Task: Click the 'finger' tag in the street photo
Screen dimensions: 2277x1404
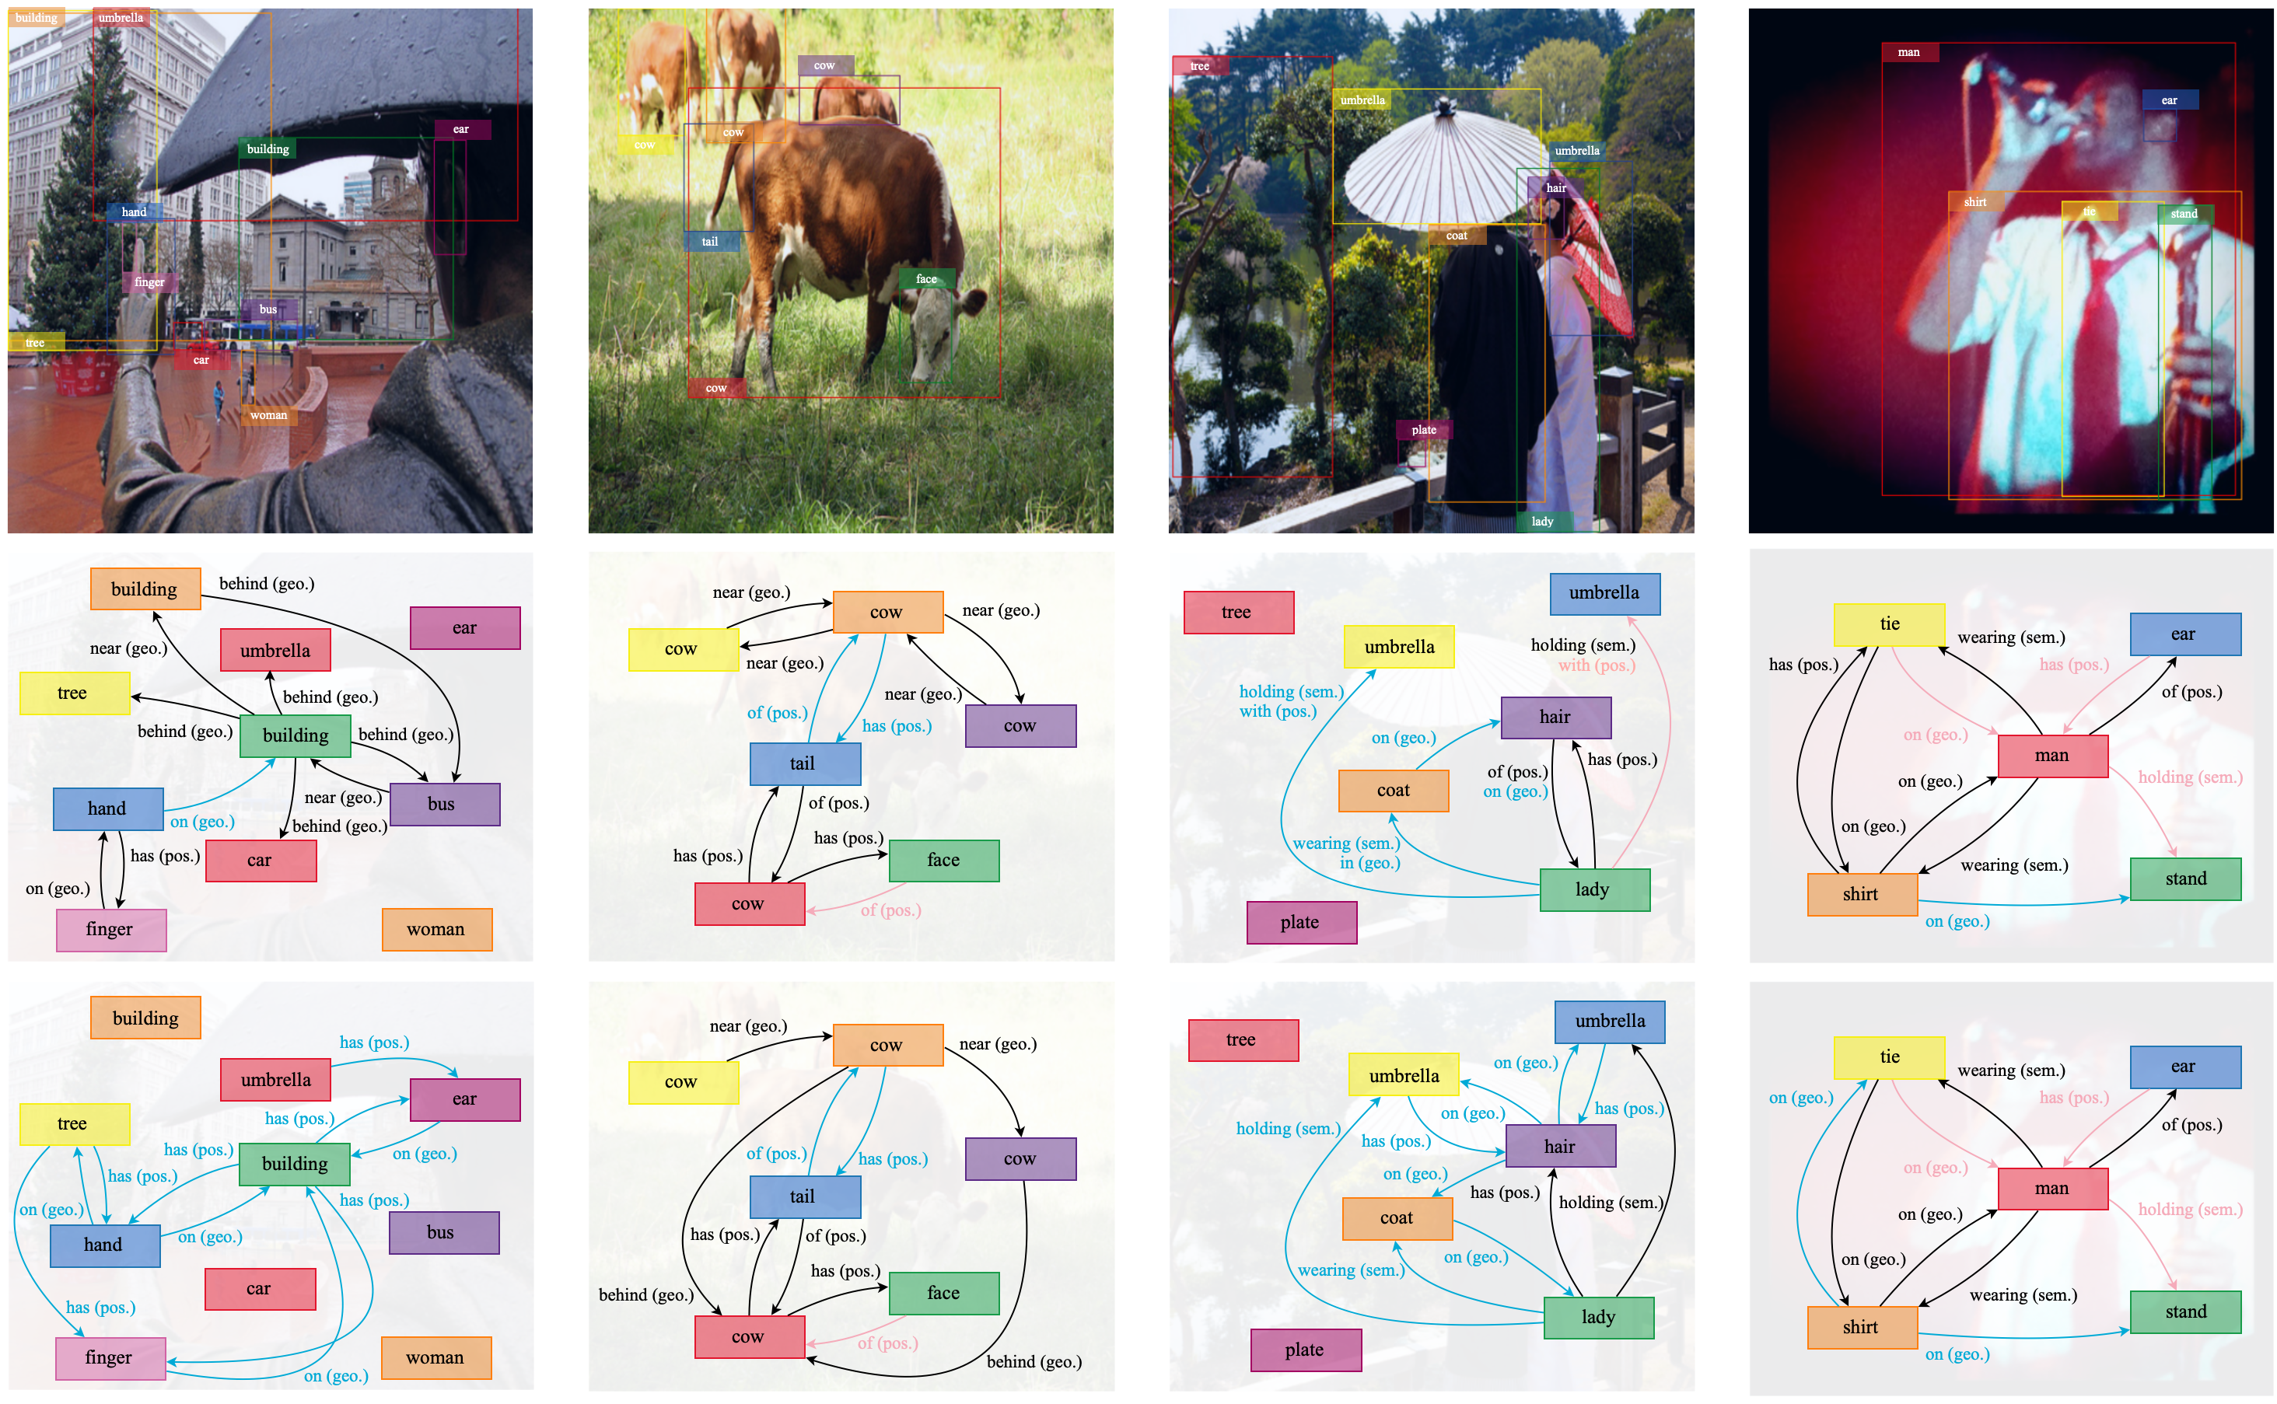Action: pos(149,282)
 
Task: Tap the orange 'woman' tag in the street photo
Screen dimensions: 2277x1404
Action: pos(268,415)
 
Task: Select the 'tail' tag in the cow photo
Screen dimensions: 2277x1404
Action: pos(711,243)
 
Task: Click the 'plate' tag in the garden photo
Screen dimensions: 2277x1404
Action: pos(1424,430)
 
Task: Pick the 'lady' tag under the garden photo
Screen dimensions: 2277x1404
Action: pos(1542,522)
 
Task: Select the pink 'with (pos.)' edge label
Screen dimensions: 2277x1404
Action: pos(1597,665)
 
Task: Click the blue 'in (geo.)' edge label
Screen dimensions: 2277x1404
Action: pos(1369,864)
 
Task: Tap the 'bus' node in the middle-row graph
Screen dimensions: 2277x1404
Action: pos(444,804)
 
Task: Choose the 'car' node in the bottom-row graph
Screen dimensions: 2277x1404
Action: pos(259,1289)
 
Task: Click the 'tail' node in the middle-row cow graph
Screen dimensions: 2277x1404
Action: pos(804,764)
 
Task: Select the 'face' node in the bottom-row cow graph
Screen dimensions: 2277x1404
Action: pos(943,1293)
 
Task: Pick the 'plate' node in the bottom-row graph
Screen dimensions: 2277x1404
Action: pos(1305,1350)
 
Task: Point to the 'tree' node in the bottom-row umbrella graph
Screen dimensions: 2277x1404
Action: pos(1242,1040)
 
